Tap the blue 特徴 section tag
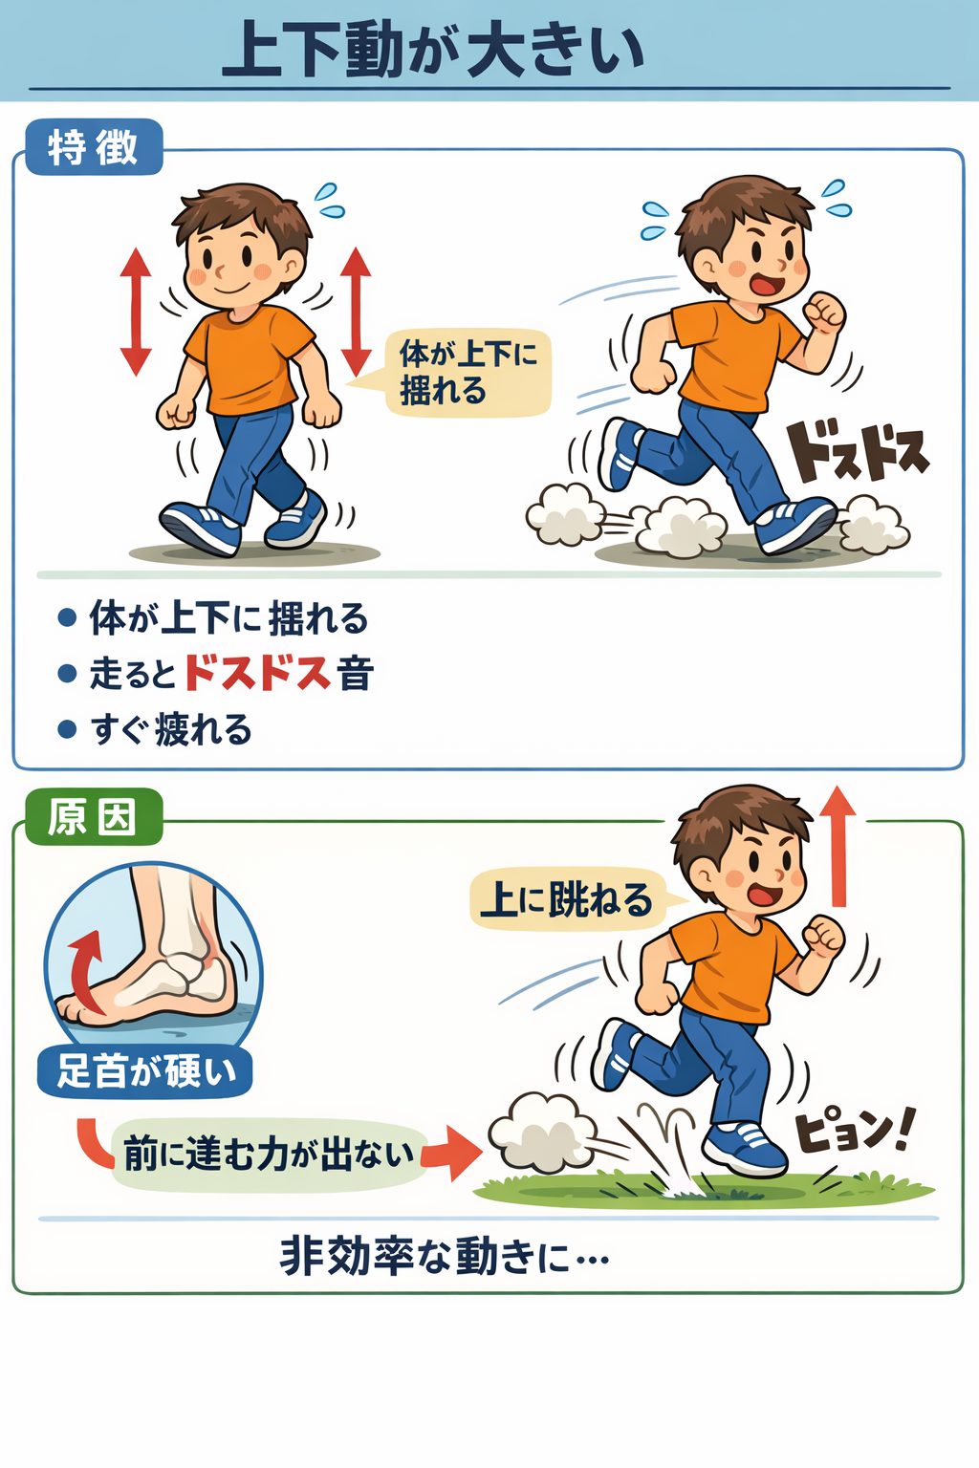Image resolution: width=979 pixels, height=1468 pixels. click(x=93, y=148)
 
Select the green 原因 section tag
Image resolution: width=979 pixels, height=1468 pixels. click(x=92, y=818)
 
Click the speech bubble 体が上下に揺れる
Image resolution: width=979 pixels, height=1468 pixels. click(x=468, y=373)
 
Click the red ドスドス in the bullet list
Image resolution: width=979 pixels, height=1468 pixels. click(x=257, y=674)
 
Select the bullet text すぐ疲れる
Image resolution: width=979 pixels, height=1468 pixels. click(x=171, y=730)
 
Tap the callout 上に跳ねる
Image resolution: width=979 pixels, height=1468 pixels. click(x=566, y=899)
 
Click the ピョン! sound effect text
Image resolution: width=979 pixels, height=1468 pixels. click(x=854, y=1133)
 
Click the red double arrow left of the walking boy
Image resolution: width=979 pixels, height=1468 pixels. click(x=136, y=312)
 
